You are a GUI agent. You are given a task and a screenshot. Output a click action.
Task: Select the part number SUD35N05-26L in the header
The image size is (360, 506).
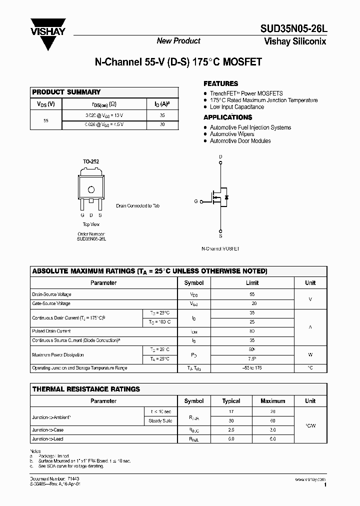click(292, 29)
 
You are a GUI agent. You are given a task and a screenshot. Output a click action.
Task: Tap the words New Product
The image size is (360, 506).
click(178, 41)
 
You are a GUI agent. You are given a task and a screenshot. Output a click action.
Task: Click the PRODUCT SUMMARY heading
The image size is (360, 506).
click(66, 92)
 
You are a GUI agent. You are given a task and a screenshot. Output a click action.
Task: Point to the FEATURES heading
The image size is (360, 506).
click(220, 83)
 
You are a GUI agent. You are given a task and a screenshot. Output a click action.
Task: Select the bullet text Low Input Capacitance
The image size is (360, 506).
click(236, 107)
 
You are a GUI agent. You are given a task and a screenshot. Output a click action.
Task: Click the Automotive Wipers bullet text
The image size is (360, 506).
click(232, 134)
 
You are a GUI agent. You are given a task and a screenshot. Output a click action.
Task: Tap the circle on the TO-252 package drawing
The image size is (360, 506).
click(91, 190)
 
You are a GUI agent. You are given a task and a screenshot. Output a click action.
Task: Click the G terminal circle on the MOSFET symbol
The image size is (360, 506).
click(201, 202)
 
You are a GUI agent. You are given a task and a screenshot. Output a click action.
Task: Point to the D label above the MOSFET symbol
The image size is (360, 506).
click(220, 157)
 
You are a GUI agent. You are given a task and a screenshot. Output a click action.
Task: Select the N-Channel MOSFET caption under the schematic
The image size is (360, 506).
click(220, 248)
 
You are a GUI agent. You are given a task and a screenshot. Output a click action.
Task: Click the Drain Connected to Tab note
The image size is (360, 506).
click(138, 205)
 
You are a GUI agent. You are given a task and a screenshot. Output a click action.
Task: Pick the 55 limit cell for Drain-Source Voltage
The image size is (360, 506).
click(252, 295)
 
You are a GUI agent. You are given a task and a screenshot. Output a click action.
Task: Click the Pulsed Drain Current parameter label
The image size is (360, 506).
click(51, 331)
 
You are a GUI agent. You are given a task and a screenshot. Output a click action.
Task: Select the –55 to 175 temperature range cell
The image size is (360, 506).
click(252, 368)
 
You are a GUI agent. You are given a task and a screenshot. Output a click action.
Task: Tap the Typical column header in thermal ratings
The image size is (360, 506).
click(231, 401)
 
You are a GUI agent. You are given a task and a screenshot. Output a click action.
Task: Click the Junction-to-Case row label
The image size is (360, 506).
click(48, 430)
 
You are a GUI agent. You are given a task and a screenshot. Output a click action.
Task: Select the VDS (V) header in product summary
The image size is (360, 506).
click(46, 104)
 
